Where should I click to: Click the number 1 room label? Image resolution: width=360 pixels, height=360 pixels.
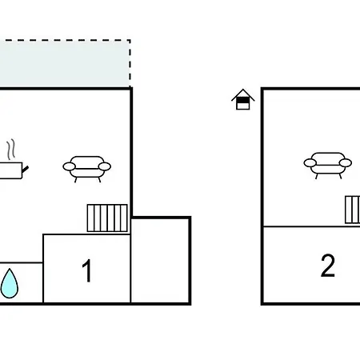[87, 270]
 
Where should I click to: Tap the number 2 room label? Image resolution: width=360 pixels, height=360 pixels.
[328, 266]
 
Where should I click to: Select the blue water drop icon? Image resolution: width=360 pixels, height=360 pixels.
[10, 283]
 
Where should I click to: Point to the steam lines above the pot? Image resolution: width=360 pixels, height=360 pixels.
[11, 149]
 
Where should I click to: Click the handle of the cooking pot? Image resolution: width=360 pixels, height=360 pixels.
[26, 170]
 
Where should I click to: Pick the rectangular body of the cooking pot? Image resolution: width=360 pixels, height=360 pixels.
[10, 170]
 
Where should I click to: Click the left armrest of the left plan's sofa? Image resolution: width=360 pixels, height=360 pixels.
[70, 166]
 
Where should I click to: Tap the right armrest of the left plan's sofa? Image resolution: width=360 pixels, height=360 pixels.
[105, 166]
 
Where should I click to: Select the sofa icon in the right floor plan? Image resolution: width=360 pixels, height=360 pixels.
[328, 166]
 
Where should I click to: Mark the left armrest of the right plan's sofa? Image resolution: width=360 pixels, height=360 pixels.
[310, 162]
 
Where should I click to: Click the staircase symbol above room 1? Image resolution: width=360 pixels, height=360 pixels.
[107, 218]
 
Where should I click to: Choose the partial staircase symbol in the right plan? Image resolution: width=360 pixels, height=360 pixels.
[353, 210]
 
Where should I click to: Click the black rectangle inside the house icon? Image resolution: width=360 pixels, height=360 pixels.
[242, 100]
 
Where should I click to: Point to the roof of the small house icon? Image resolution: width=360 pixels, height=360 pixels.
[243, 94]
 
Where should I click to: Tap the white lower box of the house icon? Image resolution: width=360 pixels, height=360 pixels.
[242, 106]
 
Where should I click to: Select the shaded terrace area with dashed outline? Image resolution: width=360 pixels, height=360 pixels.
[65, 63]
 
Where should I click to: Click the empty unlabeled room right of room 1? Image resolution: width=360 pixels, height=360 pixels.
[161, 261]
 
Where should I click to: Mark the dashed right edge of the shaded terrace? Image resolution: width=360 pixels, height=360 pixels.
[130, 63]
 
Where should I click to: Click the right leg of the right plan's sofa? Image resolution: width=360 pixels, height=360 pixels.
[340, 176]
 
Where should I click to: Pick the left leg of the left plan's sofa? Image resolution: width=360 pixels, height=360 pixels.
[76, 180]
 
